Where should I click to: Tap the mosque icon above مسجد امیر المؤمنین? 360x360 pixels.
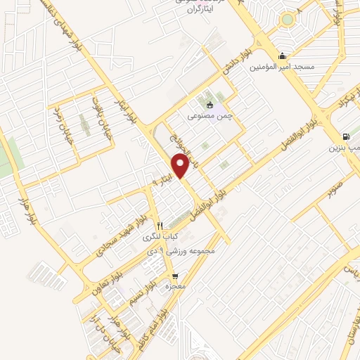[x=283, y=56]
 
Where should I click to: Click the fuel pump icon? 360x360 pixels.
[x=345, y=138]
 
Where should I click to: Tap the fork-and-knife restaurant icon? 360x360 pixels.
[x=160, y=226]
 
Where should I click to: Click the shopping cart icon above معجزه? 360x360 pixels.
[x=174, y=276]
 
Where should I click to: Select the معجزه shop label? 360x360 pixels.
[x=174, y=287]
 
